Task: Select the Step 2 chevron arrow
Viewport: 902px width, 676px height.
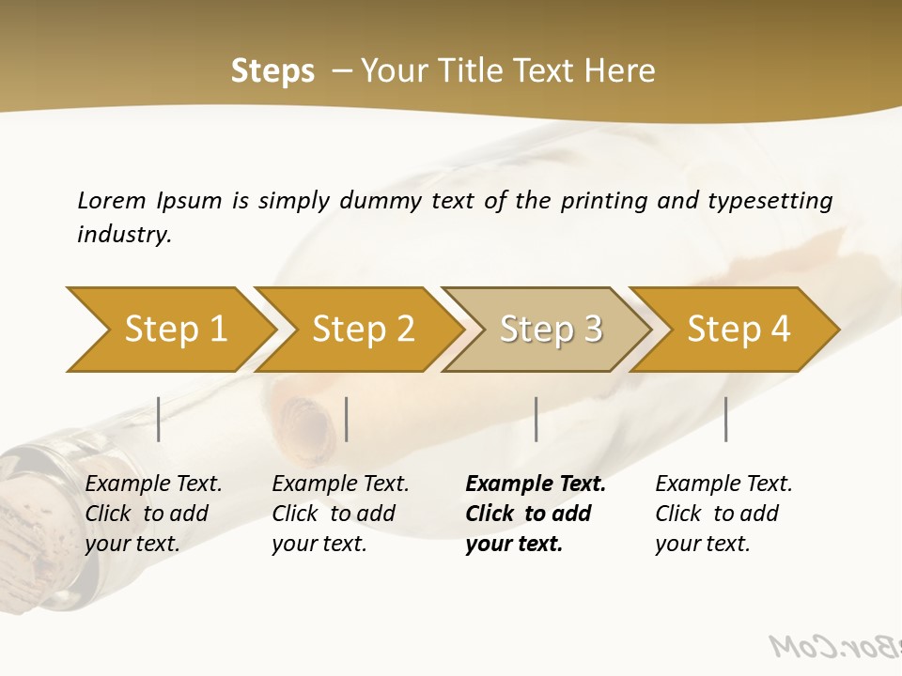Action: click(362, 330)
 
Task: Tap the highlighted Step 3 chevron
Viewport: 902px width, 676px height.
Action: click(550, 330)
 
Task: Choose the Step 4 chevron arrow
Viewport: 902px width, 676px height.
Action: click(738, 330)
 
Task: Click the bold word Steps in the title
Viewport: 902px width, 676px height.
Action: click(272, 71)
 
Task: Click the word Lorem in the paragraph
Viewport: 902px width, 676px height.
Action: click(111, 200)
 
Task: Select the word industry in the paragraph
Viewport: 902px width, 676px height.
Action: click(123, 234)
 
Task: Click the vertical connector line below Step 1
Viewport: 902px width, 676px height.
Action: click(159, 419)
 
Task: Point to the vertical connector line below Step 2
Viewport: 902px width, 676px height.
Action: click(347, 419)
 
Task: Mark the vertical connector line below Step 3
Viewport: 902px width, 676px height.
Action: click(536, 419)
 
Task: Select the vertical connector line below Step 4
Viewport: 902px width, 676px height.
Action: click(725, 419)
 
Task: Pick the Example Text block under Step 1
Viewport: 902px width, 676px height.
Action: click(153, 514)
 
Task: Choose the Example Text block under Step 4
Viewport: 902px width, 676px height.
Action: click(723, 514)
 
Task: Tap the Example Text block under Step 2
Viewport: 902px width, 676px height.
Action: click(340, 514)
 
